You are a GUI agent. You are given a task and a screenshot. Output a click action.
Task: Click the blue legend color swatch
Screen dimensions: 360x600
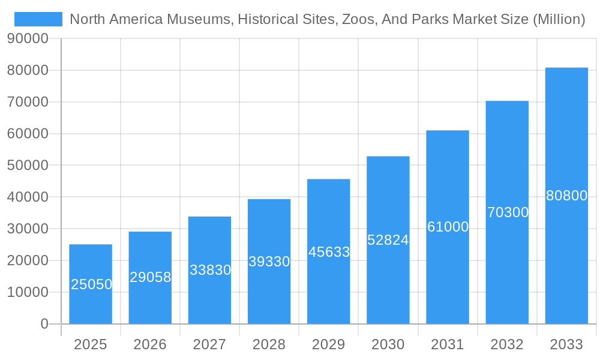[x=38, y=19]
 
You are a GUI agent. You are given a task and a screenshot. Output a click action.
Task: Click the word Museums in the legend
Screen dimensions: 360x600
[x=203, y=19]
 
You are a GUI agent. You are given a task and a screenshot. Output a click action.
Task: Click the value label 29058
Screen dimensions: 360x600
[x=150, y=277]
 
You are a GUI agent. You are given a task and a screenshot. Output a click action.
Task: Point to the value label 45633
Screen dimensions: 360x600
[x=329, y=252]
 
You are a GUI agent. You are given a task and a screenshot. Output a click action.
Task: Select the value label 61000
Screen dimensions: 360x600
[x=448, y=227]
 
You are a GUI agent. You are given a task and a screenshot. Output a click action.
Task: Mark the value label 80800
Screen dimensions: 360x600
[x=566, y=196]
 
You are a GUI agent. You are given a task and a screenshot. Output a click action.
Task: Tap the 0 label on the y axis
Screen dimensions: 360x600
[x=44, y=324]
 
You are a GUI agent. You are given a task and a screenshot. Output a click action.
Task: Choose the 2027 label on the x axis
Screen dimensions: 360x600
[x=209, y=344]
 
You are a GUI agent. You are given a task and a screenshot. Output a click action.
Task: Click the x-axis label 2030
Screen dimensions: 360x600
[x=388, y=344]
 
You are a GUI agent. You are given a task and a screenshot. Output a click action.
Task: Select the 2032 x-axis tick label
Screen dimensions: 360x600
[x=507, y=344]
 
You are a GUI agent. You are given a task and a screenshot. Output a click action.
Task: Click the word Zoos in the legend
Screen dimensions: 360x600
[x=356, y=19]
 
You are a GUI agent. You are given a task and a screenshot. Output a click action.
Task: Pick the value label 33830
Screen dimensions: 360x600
[x=210, y=270]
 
